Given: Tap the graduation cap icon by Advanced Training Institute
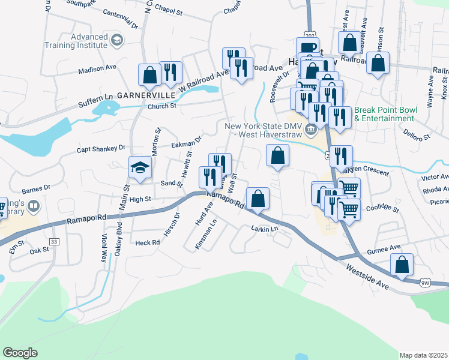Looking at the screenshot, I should [x=117, y=41].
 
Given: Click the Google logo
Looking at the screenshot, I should [x=20, y=353].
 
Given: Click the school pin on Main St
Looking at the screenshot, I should [x=140, y=167].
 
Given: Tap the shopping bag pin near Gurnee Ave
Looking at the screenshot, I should [x=402, y=264].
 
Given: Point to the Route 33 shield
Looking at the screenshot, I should [x=55, y=242].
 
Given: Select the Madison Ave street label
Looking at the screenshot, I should [x=97, y=68].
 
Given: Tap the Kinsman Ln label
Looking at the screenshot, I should [x=206, y=237].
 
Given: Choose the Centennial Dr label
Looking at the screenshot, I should [x=120, y=13].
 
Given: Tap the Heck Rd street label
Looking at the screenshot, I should [x=147, y=242].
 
